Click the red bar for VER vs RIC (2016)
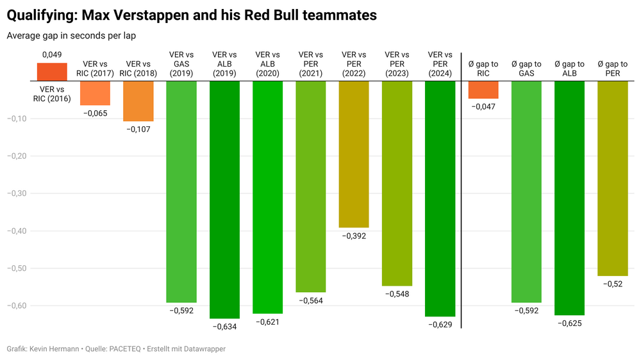pyautogui.click(x=52, y=72)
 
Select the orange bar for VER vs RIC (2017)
pyautogui.click(x=95, y=93)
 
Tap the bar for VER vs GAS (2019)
pyautogui.click(x=181, y=192)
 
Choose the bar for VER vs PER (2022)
pyautogui.click(x=354, y=154)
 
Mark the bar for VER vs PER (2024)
pyautogui.click(x=440, y=199)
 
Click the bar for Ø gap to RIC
pyautogui.click(x=483, y=90)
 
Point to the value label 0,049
pyautogui.click(x=52, y=56)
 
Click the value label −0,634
pyautogui.click(x=224, y=327)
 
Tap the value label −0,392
pyautogui.click(x=354, y=236)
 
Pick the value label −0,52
pyautogui.click(x=612, y=284)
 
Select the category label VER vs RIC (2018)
pyautogui.click(x=138, y=69)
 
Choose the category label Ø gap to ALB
pyautogui.click(x=569, y=69)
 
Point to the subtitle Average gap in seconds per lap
pyautogui.click(x=71, y=36)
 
